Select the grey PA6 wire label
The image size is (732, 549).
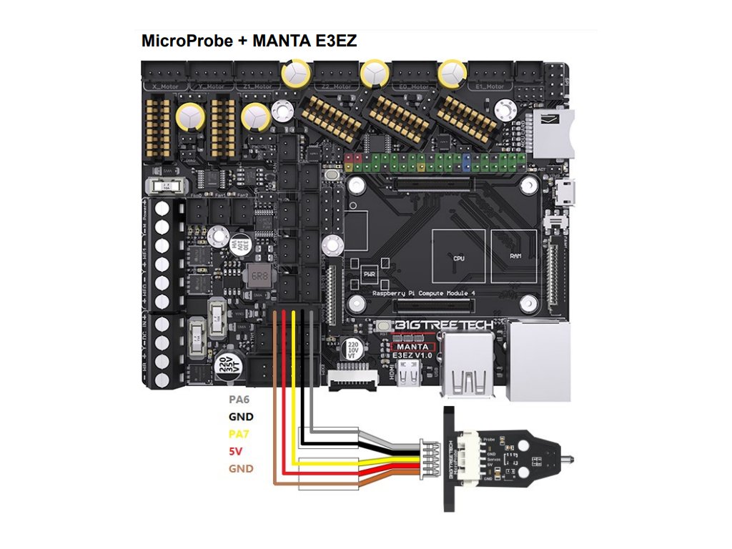(x=239, y=400)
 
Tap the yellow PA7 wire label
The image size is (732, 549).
(x=239, y=434)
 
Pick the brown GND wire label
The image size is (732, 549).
(x=241, y=469)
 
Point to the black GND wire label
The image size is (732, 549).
(x=241, y=417)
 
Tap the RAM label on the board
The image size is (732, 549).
(x=515, y=255)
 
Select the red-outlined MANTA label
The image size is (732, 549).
(x=412, y=347)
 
